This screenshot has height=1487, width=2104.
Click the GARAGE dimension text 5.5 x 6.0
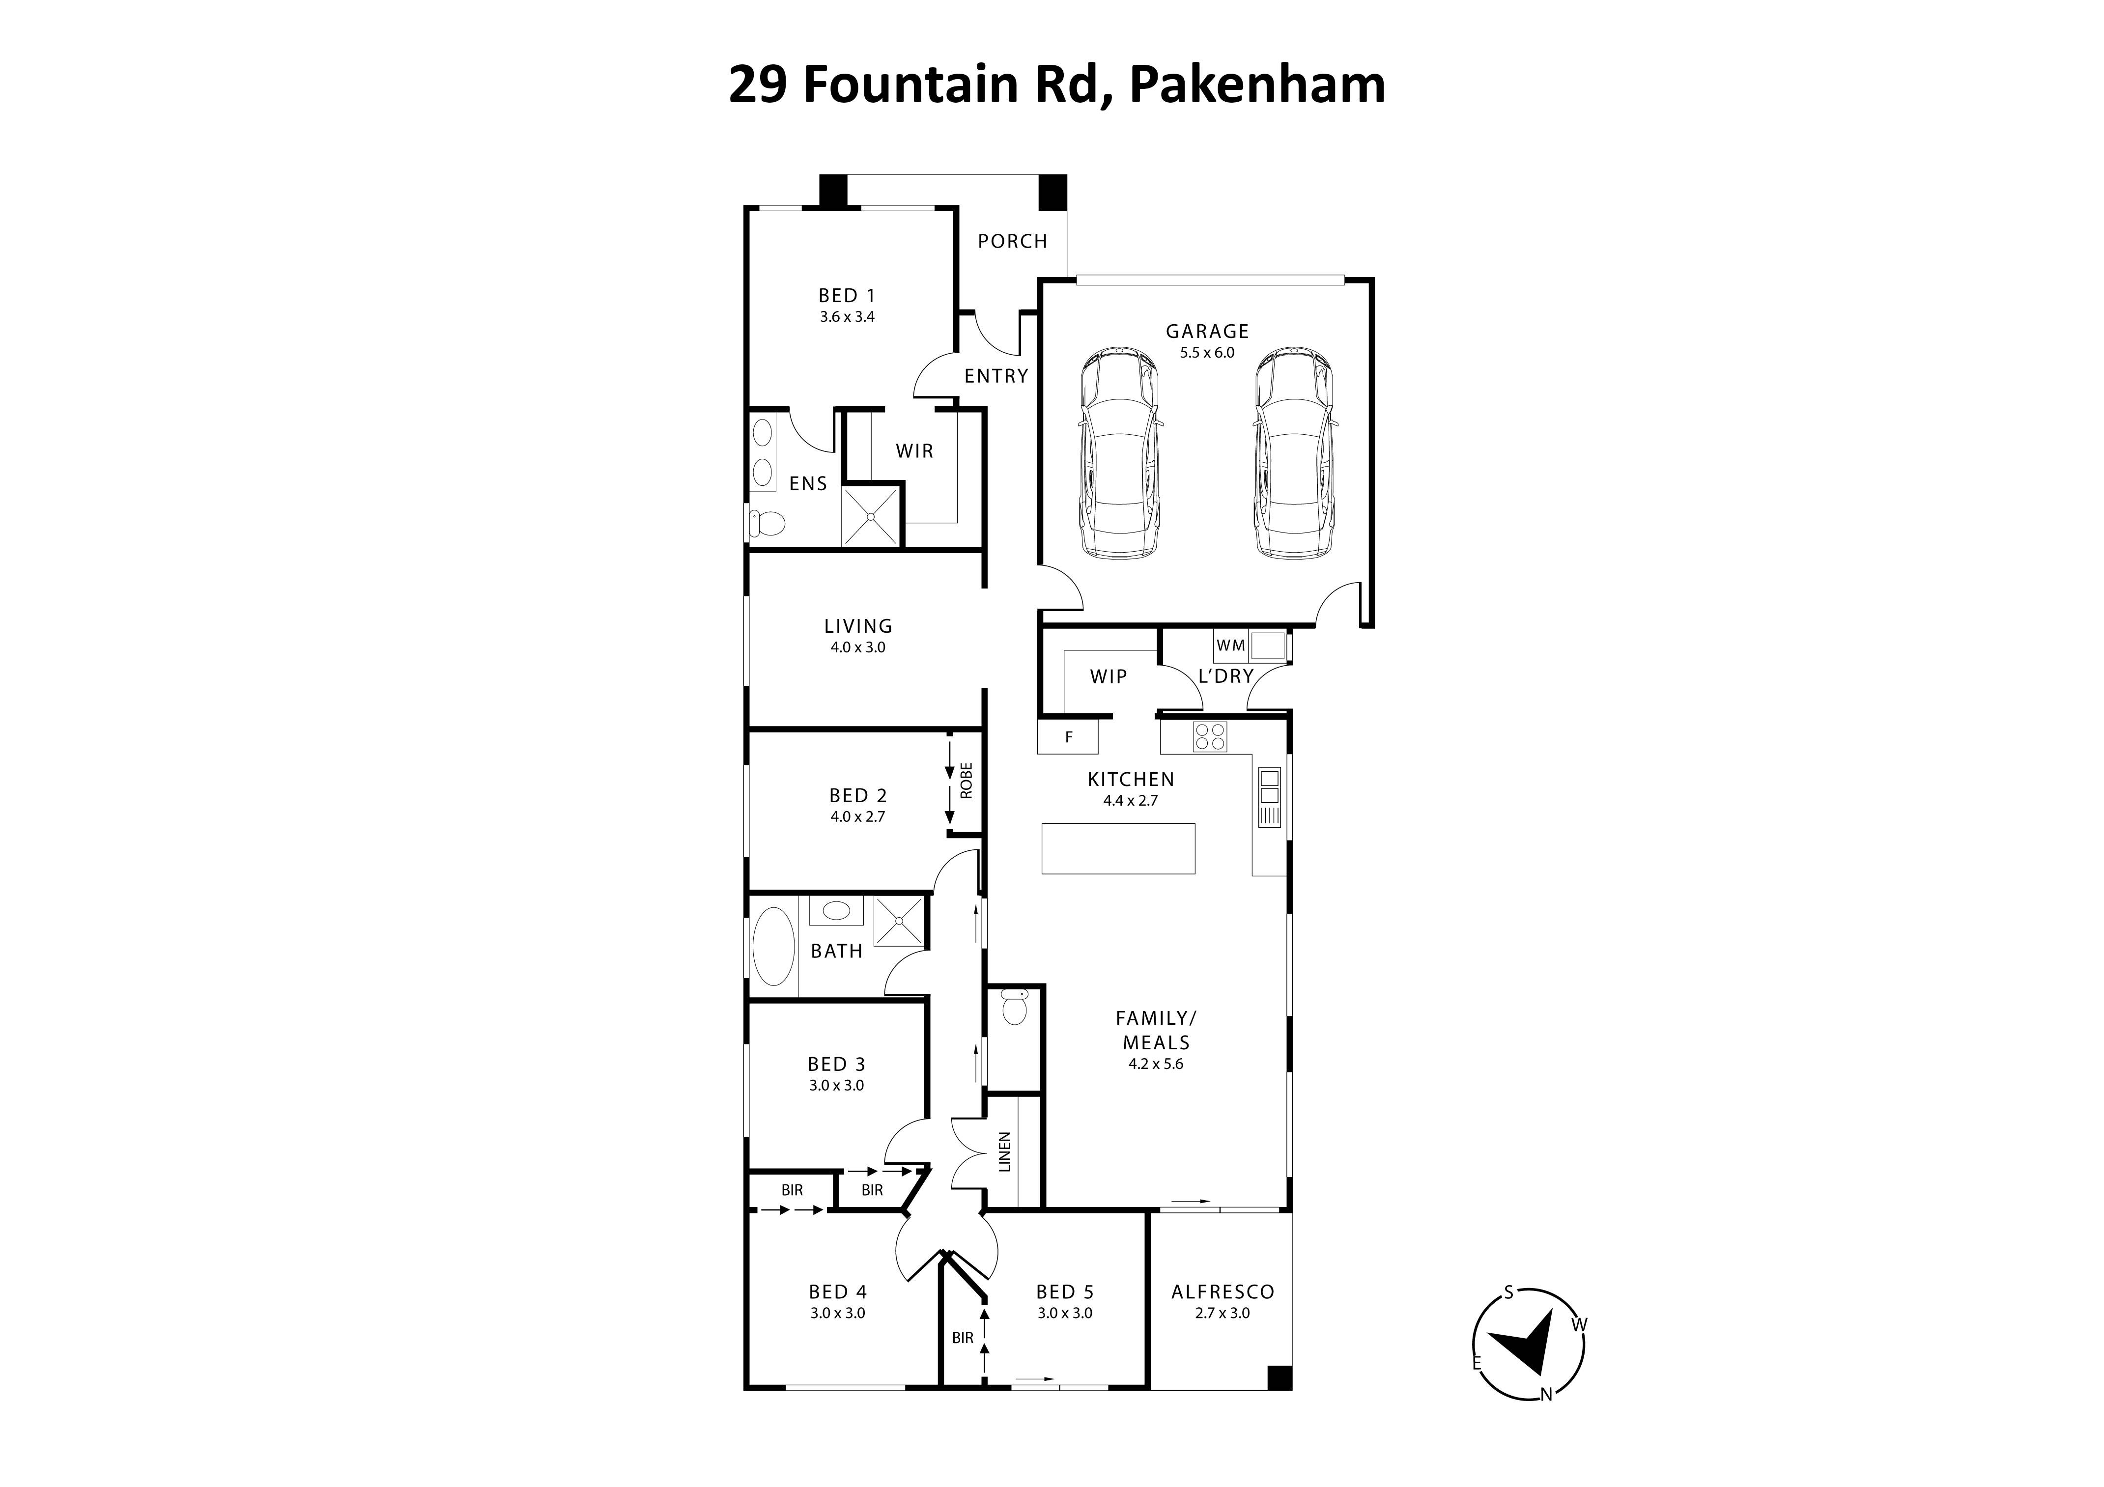[x=1207, y=353]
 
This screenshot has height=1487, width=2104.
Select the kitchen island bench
[x=1118, y=848]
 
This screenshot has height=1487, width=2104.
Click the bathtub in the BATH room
[x=773, y=947]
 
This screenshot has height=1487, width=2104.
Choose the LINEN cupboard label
[x=1004, y=1151]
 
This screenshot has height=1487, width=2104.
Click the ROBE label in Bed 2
[x=966, y=781]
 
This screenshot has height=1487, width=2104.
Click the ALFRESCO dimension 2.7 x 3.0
[x=1223, y=1313]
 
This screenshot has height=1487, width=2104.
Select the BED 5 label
[x=1065, y=1292]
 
